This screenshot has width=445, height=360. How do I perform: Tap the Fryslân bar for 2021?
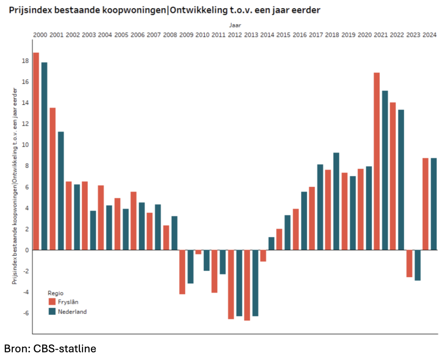377,161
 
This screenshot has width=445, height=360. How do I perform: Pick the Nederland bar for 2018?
336,201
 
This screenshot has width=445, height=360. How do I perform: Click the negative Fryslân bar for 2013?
247,285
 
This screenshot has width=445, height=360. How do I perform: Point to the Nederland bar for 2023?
417,265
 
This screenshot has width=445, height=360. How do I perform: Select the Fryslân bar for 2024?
426,204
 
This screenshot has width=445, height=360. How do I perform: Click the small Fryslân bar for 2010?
198,252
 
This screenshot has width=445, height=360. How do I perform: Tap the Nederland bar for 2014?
271,243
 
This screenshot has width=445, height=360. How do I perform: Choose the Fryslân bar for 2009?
182,272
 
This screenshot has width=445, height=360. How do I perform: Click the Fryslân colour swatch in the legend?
52,302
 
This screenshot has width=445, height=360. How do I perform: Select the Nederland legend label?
72,311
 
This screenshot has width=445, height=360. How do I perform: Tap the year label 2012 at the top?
235,35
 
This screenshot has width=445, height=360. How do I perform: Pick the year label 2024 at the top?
429,35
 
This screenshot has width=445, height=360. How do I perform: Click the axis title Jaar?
235,25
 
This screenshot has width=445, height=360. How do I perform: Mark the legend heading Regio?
56,293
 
